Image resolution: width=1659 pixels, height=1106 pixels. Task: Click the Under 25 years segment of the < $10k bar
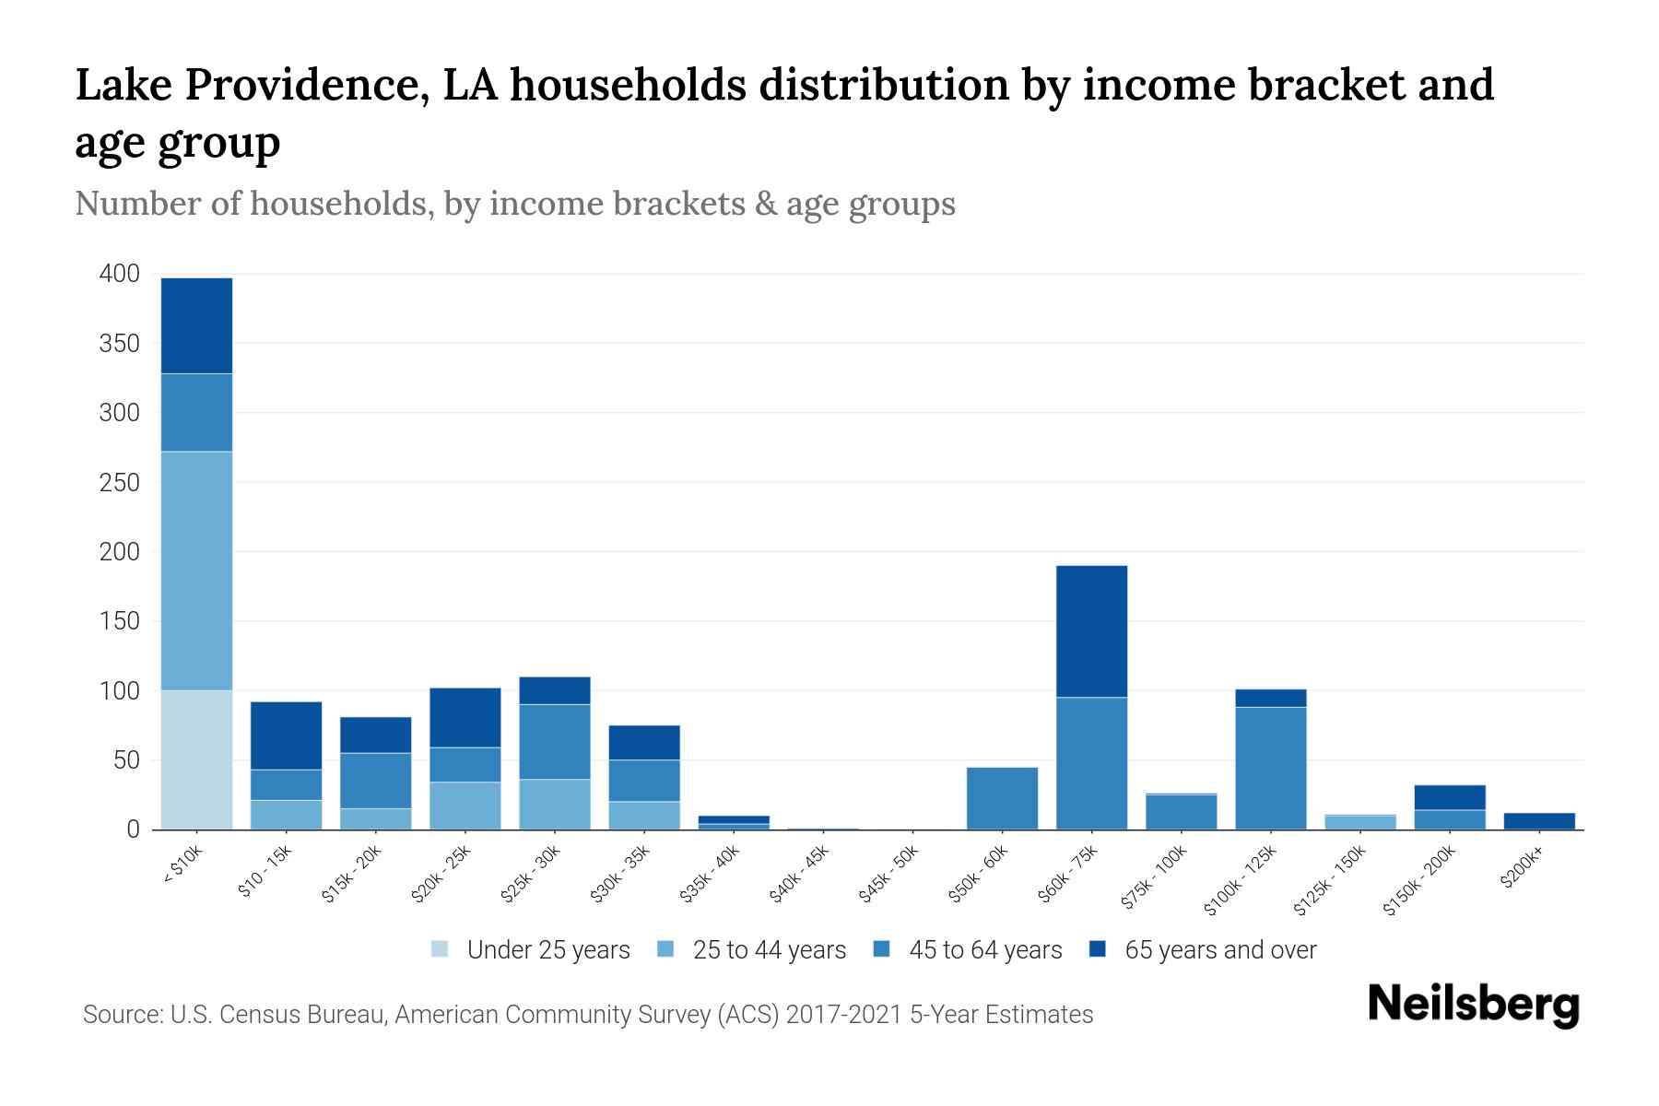[196, 759]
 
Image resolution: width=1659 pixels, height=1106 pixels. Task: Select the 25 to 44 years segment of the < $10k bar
[196, 571]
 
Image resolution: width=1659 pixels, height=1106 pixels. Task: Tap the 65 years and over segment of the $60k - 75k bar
[1091, 631]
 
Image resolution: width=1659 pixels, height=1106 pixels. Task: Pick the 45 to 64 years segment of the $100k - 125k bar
[1270, 768]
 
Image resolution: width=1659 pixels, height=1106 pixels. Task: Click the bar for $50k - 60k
[1002, 798]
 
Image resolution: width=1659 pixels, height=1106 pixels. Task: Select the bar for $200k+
[1539, 820]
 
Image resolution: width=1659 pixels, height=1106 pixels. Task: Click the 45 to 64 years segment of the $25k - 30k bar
[554, 742]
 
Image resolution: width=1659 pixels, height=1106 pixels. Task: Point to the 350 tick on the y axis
[119, 344]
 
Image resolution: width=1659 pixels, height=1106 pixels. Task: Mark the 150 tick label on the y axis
[119, 622]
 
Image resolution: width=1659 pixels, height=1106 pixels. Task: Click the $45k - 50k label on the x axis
[888, 877]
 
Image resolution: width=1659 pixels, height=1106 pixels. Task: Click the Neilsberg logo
[1473, 1004]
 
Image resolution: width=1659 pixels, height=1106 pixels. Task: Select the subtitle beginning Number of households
[514, 204]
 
